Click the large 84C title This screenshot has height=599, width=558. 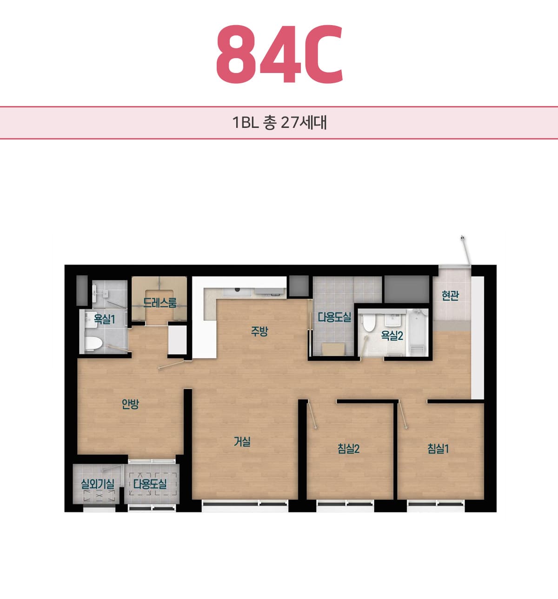tap(279, 54)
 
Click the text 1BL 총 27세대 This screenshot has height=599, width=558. tap(279, 123)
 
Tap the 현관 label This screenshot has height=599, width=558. tap(450, 296)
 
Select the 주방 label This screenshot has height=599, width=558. tap(259, 332)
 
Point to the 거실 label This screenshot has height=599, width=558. tap(242, 442)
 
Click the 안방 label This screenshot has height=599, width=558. tap(130, 404)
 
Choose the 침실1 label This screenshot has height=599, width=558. tap(438, 449)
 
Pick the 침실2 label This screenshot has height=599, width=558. tap(349, 449)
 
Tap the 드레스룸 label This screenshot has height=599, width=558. tap(159, 302)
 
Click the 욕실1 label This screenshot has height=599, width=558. tap(104, 319)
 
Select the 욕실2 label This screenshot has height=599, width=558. tap(392, 335)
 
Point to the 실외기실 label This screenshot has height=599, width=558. tap(98, 484)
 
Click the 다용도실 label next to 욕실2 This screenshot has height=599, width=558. tap(334, 317)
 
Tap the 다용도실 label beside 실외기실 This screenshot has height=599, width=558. tap(150, 484)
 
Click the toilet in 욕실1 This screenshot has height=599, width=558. tap(94, 343)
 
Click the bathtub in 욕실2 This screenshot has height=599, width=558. tap(417, 332)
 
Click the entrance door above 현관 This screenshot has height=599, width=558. tap(465, 251)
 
